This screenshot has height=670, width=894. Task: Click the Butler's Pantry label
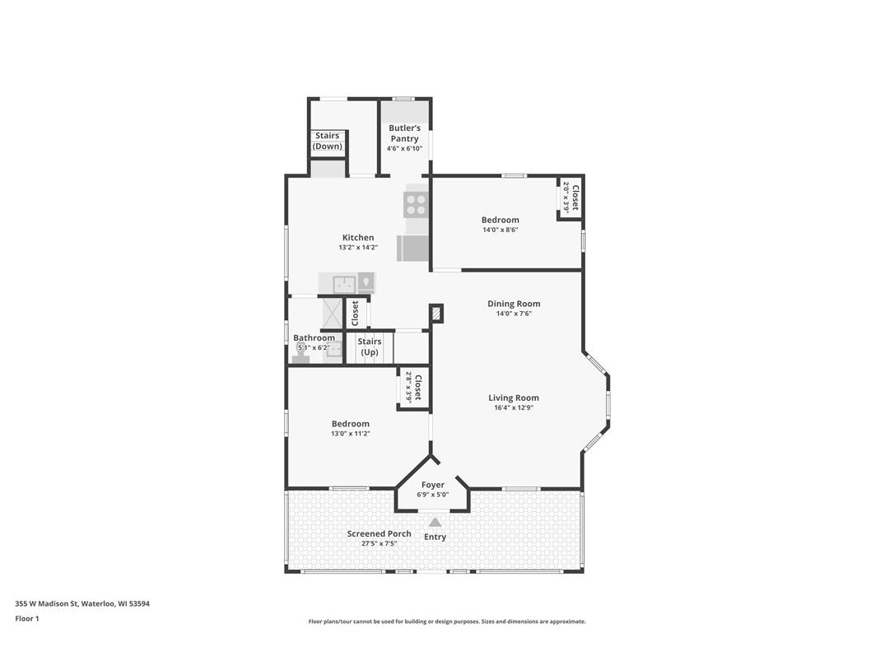404,133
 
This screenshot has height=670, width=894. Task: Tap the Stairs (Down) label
327,142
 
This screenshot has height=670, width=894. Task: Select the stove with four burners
416,204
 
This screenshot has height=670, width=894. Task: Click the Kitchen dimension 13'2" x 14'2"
357,248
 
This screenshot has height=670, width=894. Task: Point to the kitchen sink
343,284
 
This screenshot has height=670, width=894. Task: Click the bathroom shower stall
331,312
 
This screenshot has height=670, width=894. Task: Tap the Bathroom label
314,338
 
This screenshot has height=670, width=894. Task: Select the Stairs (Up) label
369,347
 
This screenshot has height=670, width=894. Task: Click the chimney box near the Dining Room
436,314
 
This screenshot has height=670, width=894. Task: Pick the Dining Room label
514,304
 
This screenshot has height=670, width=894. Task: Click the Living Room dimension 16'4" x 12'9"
514,408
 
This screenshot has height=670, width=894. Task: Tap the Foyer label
433,485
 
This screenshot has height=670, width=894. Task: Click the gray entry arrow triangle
435,522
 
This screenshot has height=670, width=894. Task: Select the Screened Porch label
379,533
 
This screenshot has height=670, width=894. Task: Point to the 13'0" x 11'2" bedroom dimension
351,434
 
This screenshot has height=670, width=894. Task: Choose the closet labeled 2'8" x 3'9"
413,388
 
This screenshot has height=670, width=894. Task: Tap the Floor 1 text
27,618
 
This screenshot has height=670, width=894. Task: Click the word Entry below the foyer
435,537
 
